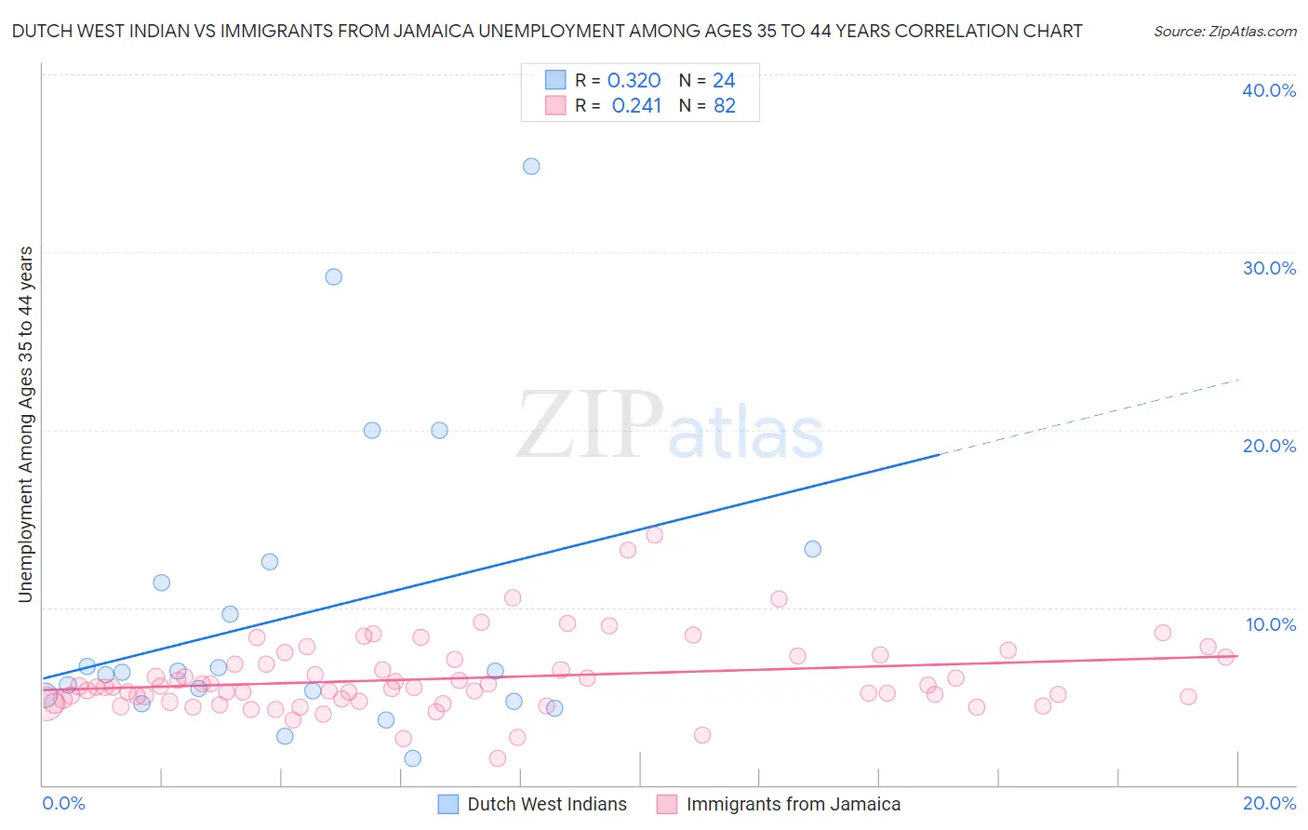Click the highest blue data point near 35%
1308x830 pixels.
point(531,167)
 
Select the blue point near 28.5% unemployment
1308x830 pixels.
point(333,277)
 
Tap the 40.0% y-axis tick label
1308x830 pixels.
point(1269,90)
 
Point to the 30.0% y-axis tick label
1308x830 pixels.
point(1269,268)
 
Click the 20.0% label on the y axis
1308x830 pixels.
point(1269,446)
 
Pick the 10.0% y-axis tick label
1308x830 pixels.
point(1271,624)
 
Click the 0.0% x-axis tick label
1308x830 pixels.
point(63,803)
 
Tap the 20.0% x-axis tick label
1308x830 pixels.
point(1269,803)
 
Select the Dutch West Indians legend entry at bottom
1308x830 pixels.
point(546,804)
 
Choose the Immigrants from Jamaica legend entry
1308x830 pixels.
point(793,804)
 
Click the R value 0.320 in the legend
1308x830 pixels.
point(634,81)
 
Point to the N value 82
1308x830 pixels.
point(725,106)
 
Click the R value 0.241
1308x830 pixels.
point(636,106)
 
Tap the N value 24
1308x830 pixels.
point(724,81)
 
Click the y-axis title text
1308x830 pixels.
point(26,424)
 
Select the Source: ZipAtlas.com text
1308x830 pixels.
point(1224,32)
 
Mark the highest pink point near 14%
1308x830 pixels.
point(654,535)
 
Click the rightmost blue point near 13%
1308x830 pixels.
point(812,549)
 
